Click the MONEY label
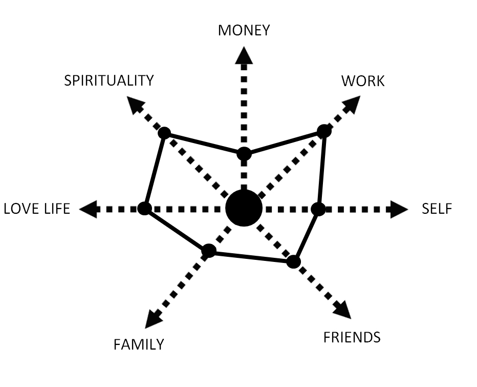pos(244,30)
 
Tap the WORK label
pos(363,81)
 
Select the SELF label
pos(437,209)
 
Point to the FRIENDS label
pos(352,337)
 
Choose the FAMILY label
pos(139,344)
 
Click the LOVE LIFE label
pos(37,209)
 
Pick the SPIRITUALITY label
pos(109,80)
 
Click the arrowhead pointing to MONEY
pos(244,55)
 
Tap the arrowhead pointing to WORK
pos(352,105)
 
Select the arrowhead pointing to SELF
pos(399,209)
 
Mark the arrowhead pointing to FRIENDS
pos(342,310)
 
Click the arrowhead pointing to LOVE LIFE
pos(88,209)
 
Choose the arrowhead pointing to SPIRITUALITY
pos(135,105)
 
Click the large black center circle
pos(244,208)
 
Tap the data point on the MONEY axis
pos(244,154)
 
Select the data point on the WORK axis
pos(324,131)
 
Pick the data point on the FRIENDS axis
pos(294,262)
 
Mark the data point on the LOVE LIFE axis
pos(144,209)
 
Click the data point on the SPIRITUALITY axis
pos(165,133)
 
